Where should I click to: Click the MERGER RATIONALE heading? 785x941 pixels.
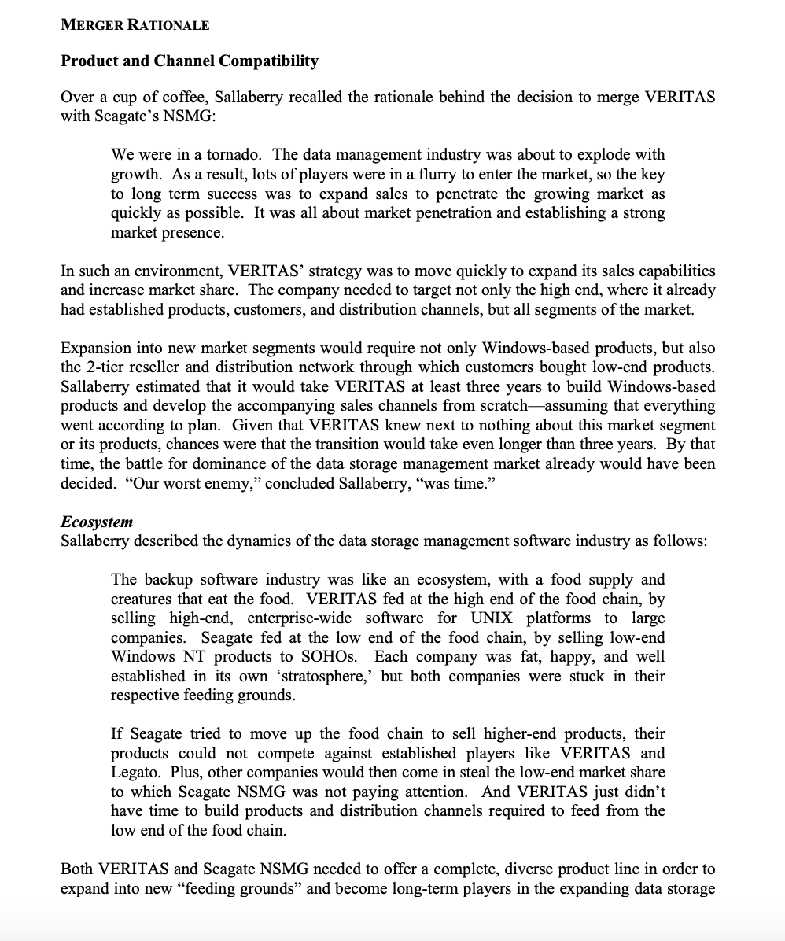coord(135,25)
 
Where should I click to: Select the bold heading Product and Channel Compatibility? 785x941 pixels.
coord(190,61)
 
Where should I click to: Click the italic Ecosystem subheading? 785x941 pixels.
coord(97,522)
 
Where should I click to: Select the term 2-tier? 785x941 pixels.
coord(106,367)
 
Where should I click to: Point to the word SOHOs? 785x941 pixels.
coord(340,657)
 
